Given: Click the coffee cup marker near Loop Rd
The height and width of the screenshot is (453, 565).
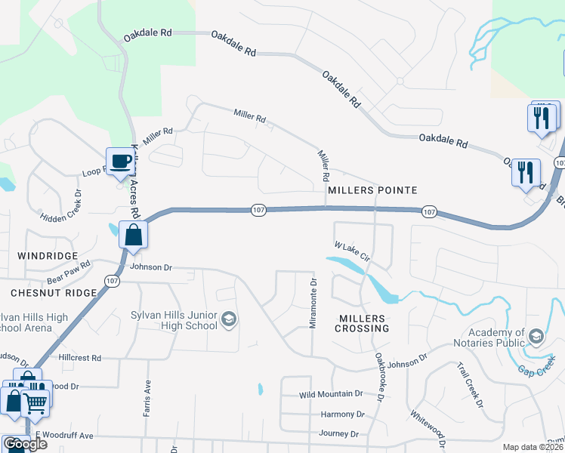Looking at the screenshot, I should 121,160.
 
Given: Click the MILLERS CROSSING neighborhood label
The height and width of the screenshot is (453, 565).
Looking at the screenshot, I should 364,323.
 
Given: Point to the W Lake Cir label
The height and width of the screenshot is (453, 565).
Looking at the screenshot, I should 352,251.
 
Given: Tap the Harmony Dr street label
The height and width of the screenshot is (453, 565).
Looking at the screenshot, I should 342,414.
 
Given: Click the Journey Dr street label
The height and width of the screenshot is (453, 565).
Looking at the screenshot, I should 339,434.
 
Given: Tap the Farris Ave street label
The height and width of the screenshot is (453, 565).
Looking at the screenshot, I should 147,398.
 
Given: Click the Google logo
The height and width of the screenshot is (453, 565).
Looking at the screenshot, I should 25,444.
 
